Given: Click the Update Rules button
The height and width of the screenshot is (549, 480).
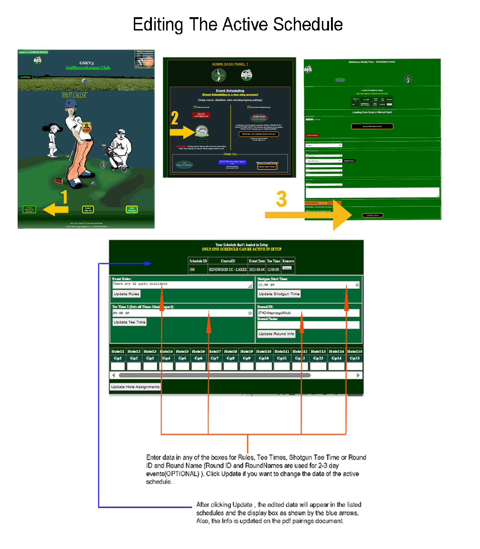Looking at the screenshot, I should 127,294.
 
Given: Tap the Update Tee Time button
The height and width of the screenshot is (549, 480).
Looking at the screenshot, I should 130,322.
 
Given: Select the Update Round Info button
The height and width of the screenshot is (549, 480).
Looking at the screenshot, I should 277,334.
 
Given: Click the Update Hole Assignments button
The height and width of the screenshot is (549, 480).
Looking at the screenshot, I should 135,386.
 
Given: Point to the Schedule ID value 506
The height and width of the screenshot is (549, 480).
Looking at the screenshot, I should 192,269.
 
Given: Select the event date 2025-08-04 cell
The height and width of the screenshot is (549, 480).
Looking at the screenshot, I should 257,269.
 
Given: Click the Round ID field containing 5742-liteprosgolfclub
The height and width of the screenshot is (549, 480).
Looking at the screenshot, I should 308,313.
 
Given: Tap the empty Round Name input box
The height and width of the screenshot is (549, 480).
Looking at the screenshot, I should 308,325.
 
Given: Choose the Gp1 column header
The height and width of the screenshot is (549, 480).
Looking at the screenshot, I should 118,358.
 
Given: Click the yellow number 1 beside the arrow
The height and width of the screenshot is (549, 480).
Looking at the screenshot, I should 64,197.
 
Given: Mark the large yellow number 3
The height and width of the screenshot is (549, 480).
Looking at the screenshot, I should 281,199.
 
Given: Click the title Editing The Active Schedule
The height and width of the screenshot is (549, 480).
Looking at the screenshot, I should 238,24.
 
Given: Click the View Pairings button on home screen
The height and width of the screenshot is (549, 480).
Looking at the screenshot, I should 131,209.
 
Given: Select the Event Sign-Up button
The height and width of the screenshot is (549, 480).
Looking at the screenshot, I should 88,209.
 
